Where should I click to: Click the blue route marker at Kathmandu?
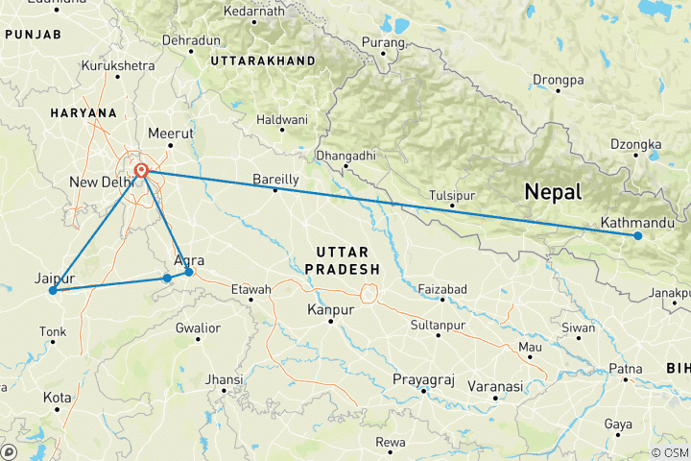click(637, 235)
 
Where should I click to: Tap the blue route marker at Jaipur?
click(53, 290)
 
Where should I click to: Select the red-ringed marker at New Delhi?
click(141, 171)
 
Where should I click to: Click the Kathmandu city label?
click(629, 223)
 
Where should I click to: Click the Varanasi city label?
click(495, 386)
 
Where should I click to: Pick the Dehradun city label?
click(191, 41)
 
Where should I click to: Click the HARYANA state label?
click(84, 112)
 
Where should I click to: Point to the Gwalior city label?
click(198, 328)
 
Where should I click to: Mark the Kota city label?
click(57, 397)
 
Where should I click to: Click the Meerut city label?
click(172, 133)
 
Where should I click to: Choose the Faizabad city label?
click(442, 288)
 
